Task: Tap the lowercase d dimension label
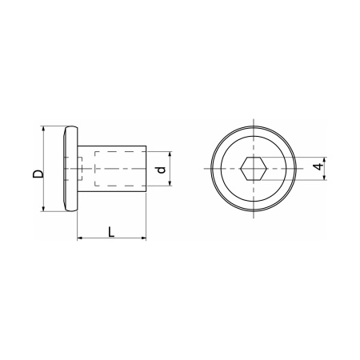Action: tap(161, 170)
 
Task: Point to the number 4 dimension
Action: tap(318, 167)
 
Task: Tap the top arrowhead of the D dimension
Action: tap(42, 130)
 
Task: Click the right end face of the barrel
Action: tap(145, 169)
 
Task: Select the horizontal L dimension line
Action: tap(111, 238)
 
